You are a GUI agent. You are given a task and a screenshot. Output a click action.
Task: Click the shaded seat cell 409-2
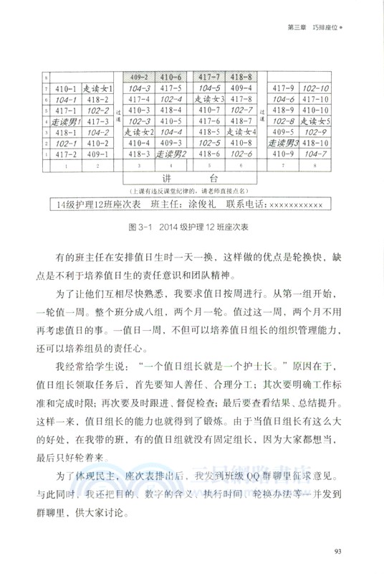coord(139,77)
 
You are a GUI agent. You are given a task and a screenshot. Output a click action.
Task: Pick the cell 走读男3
coord(283,143)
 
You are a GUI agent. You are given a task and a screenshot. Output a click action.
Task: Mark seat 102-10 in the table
coord(315,88)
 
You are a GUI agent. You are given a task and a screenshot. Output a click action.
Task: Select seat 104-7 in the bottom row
coord(315,154)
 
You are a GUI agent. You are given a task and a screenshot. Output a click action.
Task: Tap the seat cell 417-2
coord(65,154)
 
